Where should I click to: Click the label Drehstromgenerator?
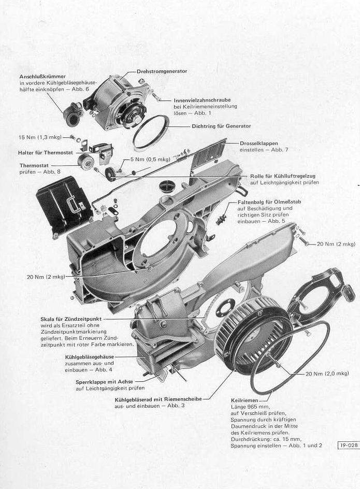pos(162,71)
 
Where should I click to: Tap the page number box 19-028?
pos(349,445)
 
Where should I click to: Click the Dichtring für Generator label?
pos(221,126)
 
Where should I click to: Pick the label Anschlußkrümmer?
pos(42,77)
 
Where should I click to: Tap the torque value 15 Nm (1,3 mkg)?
pos(40,137)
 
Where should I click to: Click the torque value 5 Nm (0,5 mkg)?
pos(150,160)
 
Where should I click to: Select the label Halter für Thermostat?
pos(46,153)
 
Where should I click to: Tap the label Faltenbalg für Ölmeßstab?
pos(269,202)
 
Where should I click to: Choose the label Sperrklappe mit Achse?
pos(104,382)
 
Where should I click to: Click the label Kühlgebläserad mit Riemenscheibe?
pos(158,399)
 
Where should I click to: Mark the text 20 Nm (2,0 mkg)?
pos(327,373)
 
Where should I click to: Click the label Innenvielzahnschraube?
pos(202,100)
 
